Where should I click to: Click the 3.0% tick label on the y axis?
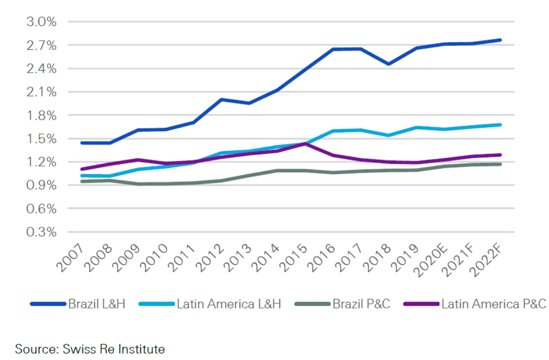coord(41,22)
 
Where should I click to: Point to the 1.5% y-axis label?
coord(41,139)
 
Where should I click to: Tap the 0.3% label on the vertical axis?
coord(41,232)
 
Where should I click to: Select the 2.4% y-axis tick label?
coord(41,69)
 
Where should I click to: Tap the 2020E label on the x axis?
coord(431,260)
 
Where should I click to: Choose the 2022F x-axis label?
coord(486,260)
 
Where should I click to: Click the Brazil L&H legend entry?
coord(97,304)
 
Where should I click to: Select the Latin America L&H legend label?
coord(229,304)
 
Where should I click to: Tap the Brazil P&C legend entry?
coord(361,304)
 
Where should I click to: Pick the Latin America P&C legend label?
coord(493,304)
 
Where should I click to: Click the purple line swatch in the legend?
coord(421,304)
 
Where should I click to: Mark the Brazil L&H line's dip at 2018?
coord(389,64)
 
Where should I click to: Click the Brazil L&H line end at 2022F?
coord(500,40)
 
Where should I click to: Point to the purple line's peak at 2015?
coord(305,144)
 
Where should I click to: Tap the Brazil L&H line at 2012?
coord(221,100)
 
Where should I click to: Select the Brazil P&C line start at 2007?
coord(82,181)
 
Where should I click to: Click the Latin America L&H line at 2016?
coord(333,131)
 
